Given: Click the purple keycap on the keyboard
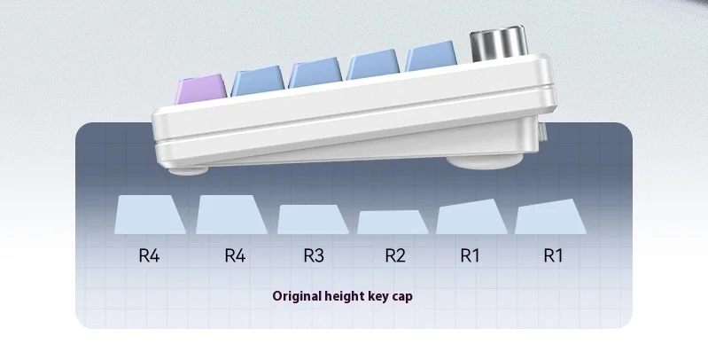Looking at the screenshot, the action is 202,90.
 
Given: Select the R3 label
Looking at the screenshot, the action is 314,255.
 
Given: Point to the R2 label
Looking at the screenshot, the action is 394,255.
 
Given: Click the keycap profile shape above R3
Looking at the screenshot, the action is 312,219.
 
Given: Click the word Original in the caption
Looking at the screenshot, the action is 299,296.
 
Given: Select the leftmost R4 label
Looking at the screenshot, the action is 149,255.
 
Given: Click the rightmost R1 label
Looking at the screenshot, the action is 553,255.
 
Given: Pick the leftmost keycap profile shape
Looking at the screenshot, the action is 150,215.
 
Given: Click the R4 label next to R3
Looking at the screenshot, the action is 234,255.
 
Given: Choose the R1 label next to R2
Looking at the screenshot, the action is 470,255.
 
